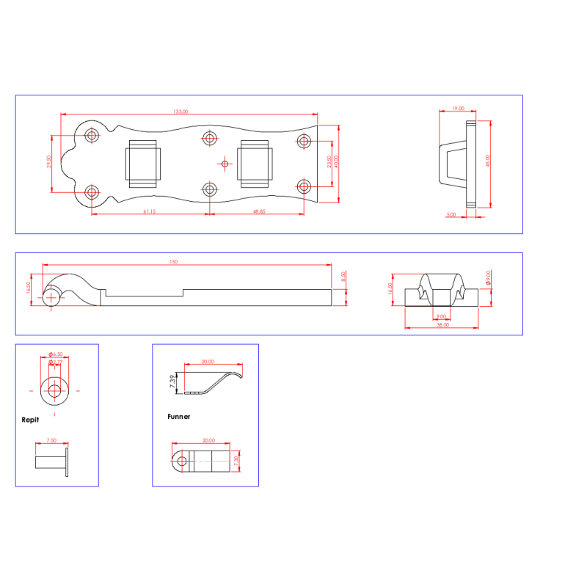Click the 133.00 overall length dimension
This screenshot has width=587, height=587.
point(181,112)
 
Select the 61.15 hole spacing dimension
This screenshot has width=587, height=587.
point(150,211)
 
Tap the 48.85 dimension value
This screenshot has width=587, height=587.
point(259,211)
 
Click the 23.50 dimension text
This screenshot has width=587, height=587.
point(329,162)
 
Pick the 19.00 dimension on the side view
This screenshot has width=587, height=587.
point(457,109)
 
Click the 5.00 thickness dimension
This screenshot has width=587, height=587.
point(451,215)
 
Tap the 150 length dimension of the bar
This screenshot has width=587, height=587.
point(173,262)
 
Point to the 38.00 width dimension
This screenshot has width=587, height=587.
point(442,325)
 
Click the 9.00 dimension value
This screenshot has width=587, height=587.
point(442,316)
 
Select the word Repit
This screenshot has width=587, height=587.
point(30,421)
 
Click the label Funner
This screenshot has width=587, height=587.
point(178,417)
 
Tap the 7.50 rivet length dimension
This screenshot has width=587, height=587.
point(51,441)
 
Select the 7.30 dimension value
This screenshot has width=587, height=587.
point(236,462)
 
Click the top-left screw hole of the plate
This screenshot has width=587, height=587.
point(92,135)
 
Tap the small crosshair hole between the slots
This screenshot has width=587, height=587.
point(225,163)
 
